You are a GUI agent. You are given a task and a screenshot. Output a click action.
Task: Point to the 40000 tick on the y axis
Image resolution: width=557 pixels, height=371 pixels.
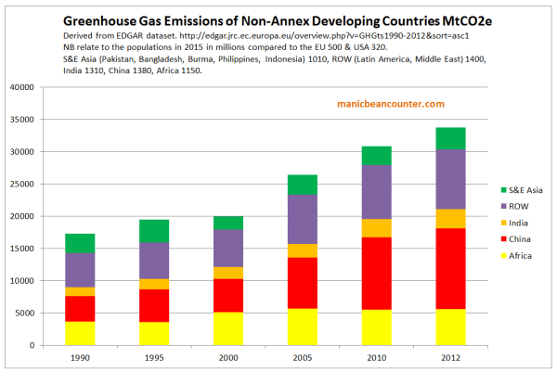coord(47,87)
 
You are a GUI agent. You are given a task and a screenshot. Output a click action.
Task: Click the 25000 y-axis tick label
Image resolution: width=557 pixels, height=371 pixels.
coord(47,184)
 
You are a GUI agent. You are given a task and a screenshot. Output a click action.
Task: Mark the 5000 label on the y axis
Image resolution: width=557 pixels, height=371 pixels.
coord(50,313)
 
